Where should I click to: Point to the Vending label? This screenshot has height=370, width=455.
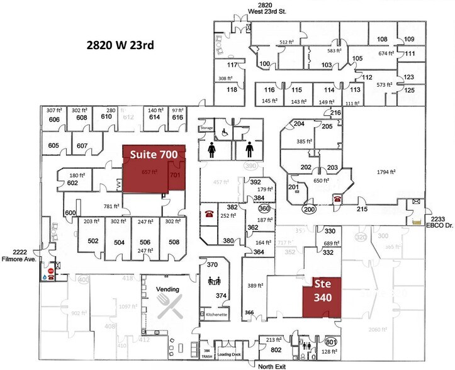click(x=168, y=289)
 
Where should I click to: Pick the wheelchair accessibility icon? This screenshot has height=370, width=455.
click(x=224, y=132)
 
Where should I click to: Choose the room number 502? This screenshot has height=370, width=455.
click(x=93, y=241)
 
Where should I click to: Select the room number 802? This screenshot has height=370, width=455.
click(x=276, y=350)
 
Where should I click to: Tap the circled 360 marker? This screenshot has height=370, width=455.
click(x=264, y=208)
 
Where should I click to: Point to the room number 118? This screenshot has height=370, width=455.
click(x=232, y=89)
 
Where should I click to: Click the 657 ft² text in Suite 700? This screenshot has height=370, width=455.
click(x=149, y=171)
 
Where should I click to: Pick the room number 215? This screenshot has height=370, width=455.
click(x=362, y=208)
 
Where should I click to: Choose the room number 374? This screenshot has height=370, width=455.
click(x=221, y=296)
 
